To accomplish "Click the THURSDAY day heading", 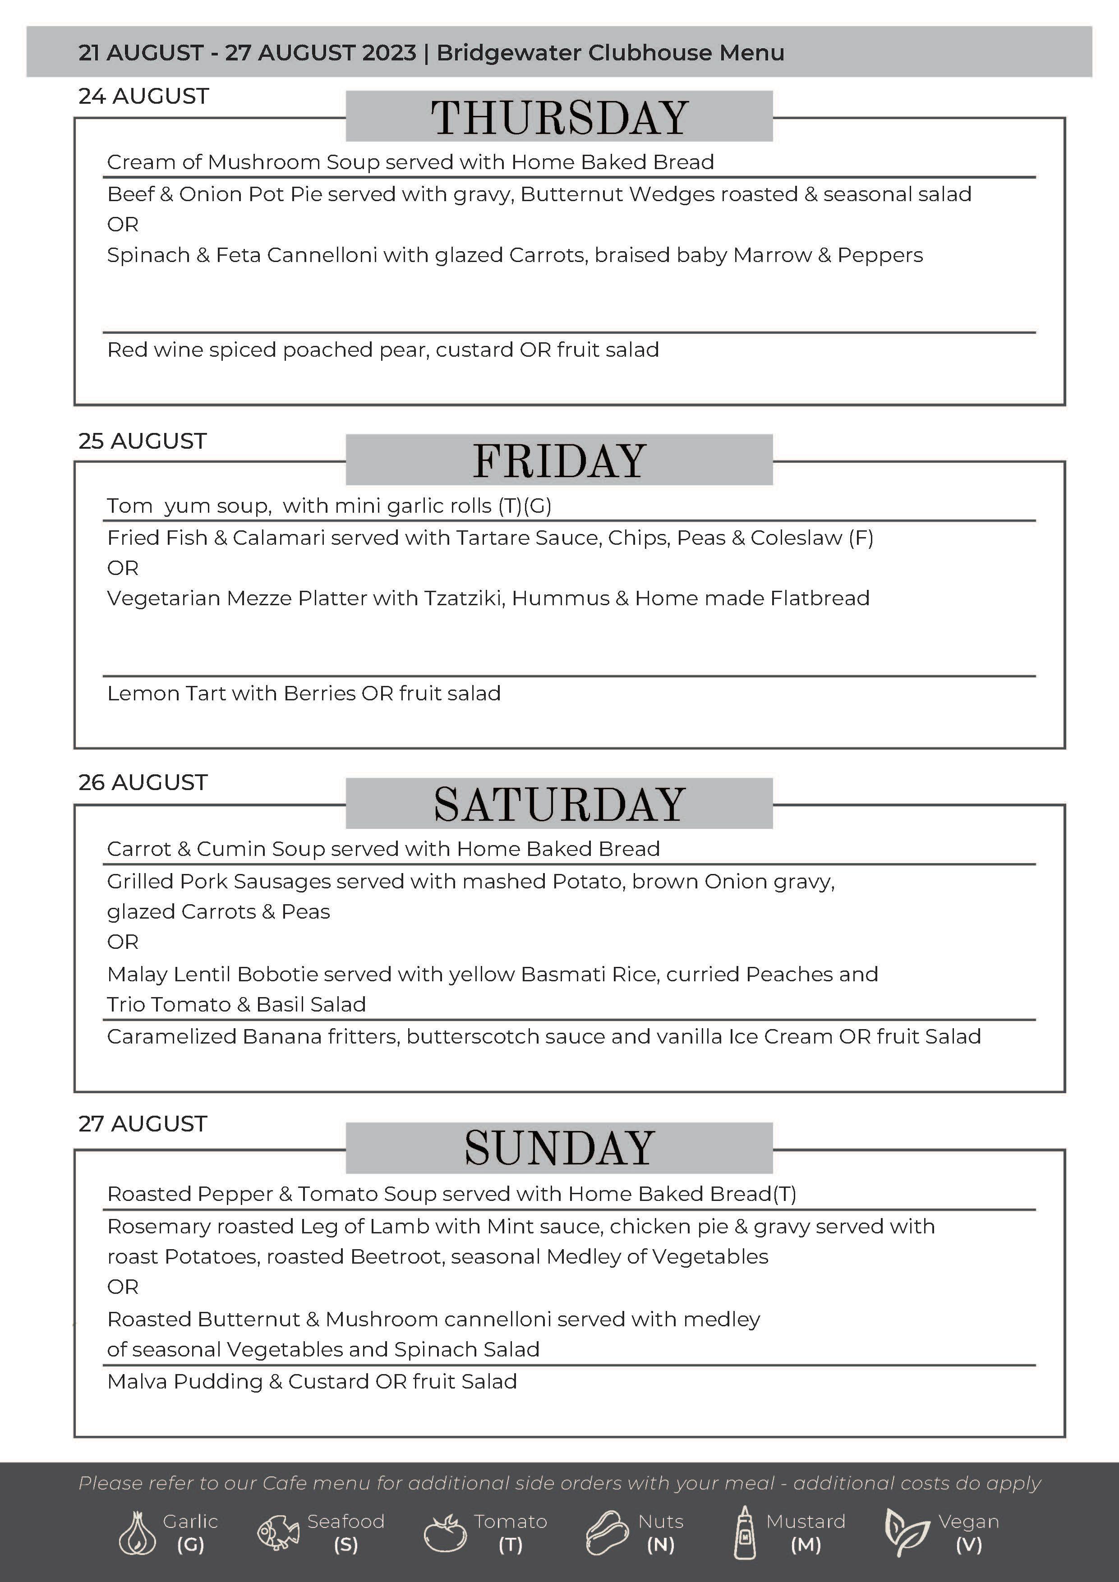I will [x=559, y=117].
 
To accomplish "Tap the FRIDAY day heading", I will [x=559, y=460].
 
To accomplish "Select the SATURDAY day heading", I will [x=559, y=804].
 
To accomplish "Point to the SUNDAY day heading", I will [x=559, y=1148].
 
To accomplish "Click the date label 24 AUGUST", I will [x=143, y=97].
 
